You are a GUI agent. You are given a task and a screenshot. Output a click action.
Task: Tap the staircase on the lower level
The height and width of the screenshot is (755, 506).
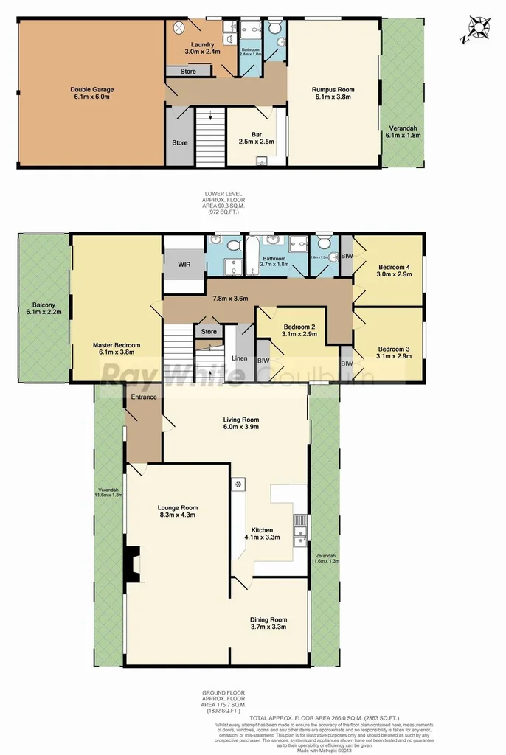210,136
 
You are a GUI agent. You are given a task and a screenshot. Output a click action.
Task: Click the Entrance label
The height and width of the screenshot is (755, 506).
144,397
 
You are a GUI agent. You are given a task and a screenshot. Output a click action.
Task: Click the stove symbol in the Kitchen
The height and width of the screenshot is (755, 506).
239,484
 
